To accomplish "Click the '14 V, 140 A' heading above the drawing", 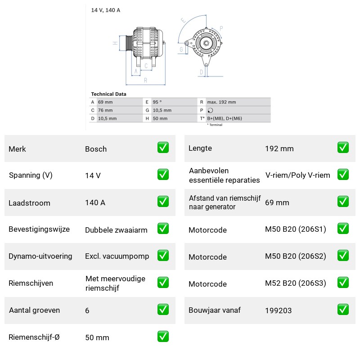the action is (106, 10).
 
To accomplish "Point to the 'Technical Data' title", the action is (108, 94).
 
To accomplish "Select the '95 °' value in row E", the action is (157, 102).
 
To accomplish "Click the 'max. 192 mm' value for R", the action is (221, 102).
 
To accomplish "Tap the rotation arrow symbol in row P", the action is (210, 110).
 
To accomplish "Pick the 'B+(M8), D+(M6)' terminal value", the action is (225, 118).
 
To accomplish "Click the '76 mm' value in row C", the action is (105, 110).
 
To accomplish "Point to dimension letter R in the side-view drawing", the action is (145, 81).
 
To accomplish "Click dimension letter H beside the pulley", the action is (115, 43).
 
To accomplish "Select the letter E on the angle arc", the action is (184, 20).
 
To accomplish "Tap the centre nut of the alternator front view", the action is (206, 43).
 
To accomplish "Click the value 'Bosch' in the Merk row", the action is (96, 149).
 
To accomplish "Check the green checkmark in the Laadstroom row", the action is (163, 201).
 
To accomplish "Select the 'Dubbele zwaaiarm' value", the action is (116, 230).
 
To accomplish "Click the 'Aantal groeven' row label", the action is (35, 310).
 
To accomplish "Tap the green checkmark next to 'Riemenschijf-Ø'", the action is (163, 336).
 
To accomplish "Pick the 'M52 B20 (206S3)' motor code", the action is (296, 283).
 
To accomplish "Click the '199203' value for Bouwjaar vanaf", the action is (278, 310).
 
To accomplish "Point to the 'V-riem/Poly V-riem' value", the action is (298, 175).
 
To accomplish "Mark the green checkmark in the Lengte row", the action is (343, 148).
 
